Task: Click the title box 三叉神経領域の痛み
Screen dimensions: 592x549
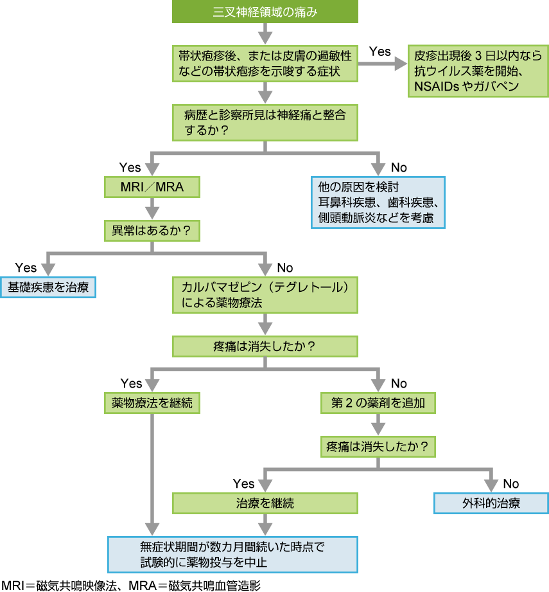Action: coord(265,12)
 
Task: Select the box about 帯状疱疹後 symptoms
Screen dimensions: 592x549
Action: coord(265,63)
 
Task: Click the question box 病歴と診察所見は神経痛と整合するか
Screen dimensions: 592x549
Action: coord(265,123)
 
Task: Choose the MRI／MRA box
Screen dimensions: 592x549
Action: coord(152,187)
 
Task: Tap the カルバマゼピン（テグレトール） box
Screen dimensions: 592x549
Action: coord(265,295)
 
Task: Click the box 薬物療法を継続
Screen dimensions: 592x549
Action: coord(152,403)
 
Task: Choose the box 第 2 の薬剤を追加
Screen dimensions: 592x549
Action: coord(378,403)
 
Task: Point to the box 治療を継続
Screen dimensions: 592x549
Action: coord(265,503)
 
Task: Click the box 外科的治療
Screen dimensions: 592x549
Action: coord(491,503)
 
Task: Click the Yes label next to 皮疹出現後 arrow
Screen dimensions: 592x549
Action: coord(379,51)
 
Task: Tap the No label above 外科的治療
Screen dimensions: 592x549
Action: coord(510,483)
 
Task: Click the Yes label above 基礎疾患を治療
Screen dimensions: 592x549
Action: coord(26,267)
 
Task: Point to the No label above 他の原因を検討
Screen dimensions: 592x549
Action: coord(398,168)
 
